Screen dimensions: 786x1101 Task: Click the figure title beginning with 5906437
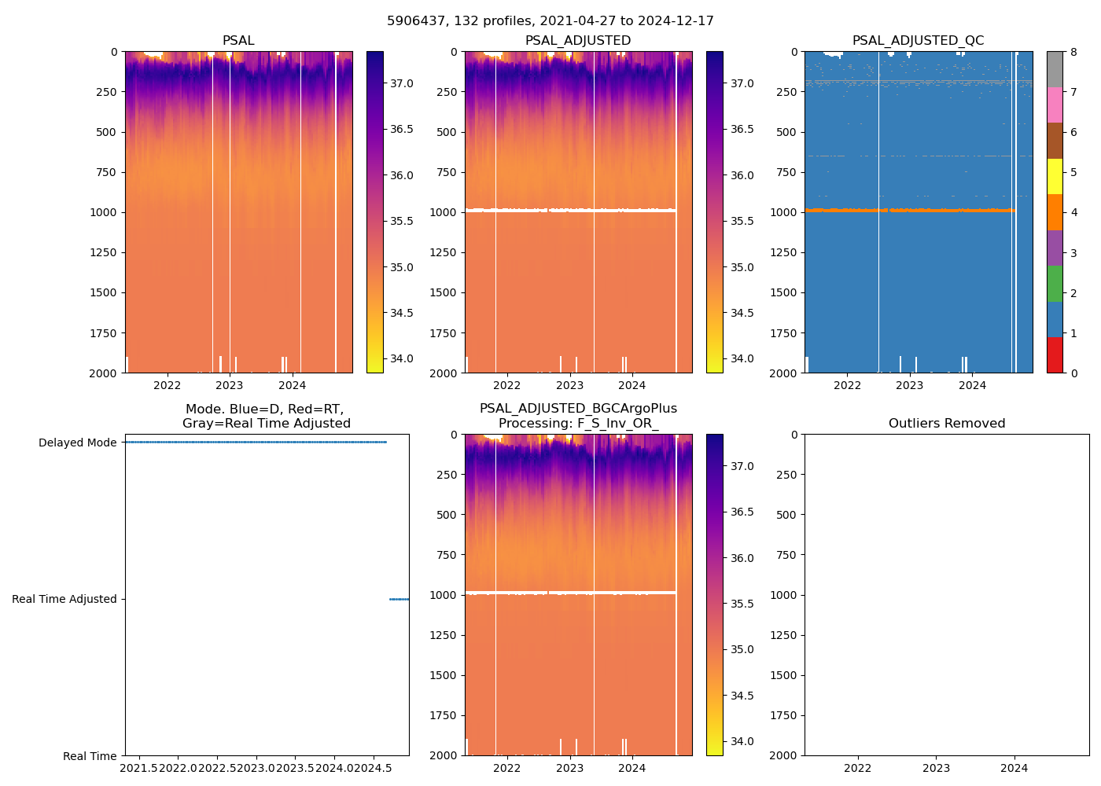coord(550,21)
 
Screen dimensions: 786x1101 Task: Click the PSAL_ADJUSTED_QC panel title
coord(918,41)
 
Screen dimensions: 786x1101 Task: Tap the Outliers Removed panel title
coord(947,424)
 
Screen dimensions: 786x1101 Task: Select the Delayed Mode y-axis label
coord(77,443)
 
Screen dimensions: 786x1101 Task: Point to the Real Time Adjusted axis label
coord(64,599)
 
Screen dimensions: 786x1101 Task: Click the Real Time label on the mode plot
coord(90,756)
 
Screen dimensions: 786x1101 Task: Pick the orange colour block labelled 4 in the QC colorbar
coord(1055,212)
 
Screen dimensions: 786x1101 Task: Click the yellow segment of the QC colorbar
coord(1055,177)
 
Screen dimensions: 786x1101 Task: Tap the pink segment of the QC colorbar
coord(1055,105)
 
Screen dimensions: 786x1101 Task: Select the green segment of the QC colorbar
coord(1055,284)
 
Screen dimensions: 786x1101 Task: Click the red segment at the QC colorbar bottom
coord(1055,355)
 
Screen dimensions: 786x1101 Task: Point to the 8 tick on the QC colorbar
coord(1073,52)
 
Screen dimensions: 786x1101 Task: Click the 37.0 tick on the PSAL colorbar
coord(402,83)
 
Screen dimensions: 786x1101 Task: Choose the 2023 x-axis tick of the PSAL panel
coord(229,385)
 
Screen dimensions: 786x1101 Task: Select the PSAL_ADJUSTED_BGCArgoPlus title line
coord(578,409)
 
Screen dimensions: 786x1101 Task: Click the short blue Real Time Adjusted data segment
coord(399,599)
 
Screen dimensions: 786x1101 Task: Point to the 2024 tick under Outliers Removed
coord(1014,768)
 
